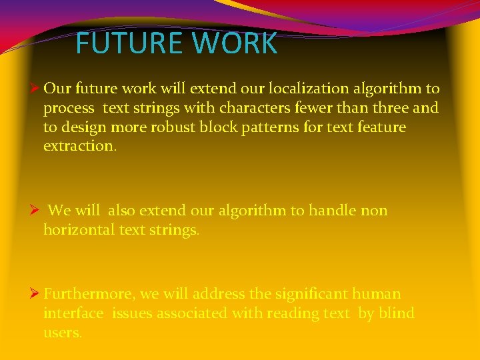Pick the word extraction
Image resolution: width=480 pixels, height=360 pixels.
pyautogui.click(x=79, y=146)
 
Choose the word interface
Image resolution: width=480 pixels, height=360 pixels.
pyautogui.click(x=73, y=313)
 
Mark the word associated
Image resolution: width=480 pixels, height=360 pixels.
pyautogui.click(x=193, y=313)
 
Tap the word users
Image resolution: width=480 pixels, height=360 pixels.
pyautogui.click(x=61, y=333)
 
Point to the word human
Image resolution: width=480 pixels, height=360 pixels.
pyautogui.click(x=377, y=294)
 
